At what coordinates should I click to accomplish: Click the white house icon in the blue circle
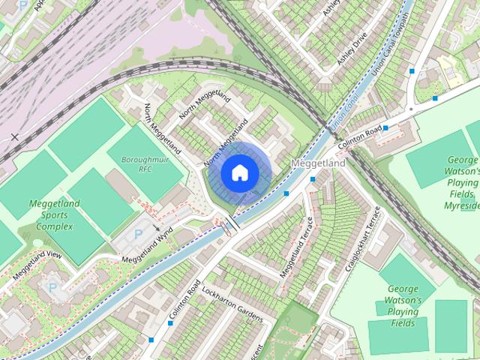coord(239,173)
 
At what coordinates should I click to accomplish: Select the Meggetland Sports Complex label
coord(50,214)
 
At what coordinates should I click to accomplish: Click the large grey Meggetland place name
coord(318,163)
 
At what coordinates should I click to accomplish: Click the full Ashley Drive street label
coord(353,47)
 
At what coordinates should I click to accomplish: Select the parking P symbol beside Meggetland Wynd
coord(137,235)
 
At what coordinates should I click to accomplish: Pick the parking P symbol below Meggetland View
coord(52,286)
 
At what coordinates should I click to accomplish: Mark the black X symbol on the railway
coord(14,137)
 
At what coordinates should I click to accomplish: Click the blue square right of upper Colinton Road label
coord(385,128)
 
